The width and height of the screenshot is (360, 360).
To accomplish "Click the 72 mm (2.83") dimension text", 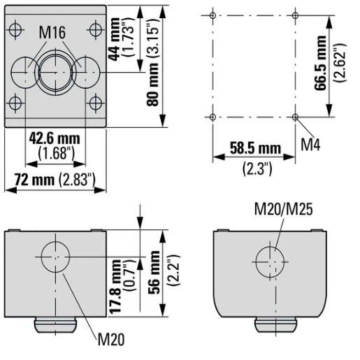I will (55, 180).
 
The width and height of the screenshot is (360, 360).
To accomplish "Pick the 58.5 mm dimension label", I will (255, 148).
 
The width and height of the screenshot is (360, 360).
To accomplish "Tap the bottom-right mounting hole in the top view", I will (94, 106).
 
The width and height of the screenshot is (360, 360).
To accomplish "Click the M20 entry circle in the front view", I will (55, 256).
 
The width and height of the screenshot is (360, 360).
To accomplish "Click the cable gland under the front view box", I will (55, 325).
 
